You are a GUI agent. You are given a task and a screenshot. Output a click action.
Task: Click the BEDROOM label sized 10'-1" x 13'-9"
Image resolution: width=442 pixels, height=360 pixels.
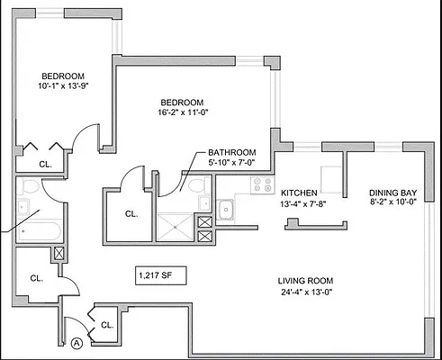click(x=61, y=76)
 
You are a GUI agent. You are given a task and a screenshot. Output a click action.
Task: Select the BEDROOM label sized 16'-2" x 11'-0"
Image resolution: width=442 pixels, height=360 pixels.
click(x=183, y=103)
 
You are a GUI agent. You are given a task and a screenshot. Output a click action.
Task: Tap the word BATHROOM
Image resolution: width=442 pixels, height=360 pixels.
click(x=232, y=153)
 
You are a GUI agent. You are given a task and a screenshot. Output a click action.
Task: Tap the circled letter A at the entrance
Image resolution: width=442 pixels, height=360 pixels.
click(x=77, y=343)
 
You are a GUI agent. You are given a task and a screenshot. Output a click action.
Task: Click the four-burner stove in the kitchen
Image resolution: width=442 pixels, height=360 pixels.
click(x=263, y=185)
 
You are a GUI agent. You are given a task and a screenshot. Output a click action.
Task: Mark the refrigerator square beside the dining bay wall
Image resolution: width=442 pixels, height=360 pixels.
click(x=332, y=177)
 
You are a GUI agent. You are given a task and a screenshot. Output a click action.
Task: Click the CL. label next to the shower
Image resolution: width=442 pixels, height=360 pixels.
click(x=131, y=214)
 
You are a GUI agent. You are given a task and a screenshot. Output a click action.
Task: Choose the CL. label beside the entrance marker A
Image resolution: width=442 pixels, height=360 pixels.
click(x=105, y=325)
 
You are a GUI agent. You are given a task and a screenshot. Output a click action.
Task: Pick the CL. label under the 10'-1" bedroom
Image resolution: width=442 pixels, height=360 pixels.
click(x=44, y=164)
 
